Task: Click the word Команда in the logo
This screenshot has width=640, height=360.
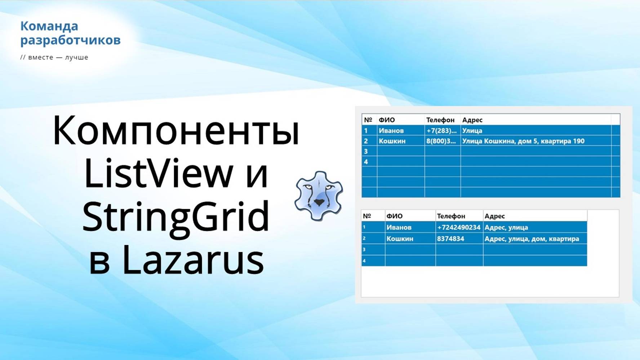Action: coord(49,26)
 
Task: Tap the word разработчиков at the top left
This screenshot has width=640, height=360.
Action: coord(70,40)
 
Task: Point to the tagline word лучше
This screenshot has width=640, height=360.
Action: coord(76,57)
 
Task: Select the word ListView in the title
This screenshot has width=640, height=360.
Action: coord(159,174)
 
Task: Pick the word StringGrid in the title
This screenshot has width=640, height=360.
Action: coord(176,216)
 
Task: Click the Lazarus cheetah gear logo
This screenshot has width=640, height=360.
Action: coord(319,196)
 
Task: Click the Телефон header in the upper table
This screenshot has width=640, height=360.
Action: coord(440,120)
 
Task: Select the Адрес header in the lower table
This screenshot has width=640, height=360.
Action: coord(494,216)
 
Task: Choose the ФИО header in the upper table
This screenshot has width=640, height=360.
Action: coord(387,120)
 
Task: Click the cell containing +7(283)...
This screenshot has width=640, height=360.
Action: coord(441,130)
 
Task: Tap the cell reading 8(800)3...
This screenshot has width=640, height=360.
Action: coord(441,141)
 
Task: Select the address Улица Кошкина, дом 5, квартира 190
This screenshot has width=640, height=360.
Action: coord(523,141)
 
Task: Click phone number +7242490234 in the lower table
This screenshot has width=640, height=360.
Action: coord(458,227)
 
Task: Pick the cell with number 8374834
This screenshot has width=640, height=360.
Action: coord(450,239)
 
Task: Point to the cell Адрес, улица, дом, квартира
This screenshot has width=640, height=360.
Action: coord(532,239)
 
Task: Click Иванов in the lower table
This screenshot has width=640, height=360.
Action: coord(399,227)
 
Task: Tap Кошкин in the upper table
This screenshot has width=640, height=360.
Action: coord(392,141)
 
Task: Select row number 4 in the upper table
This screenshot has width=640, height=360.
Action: coord(366,162)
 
